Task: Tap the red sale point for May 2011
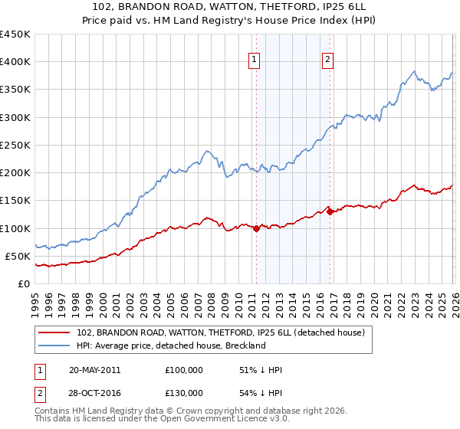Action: click(x=256, y=228)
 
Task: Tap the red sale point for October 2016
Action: click(x=330, y=211)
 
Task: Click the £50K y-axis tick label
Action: click(x=18, y=256)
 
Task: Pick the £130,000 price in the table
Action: click(x=184, y=393)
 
